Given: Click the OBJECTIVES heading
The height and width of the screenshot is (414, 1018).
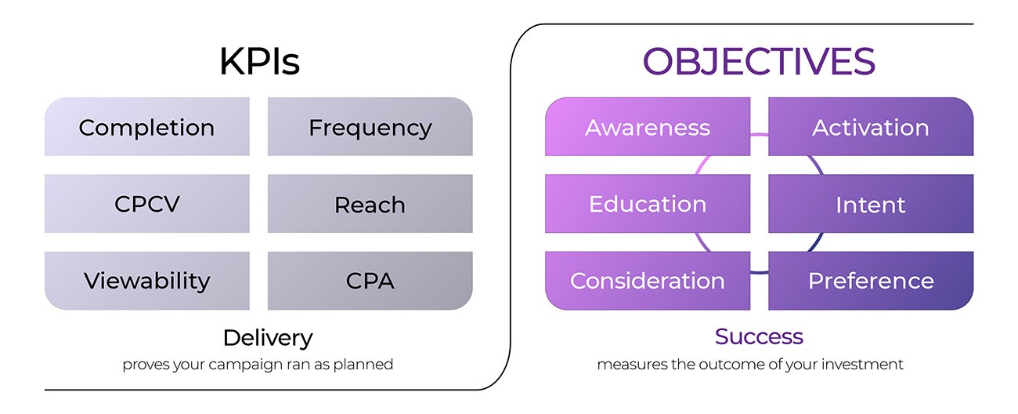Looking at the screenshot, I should [x=759, y=62].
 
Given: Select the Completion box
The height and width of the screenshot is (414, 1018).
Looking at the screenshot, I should [x=147, y=127].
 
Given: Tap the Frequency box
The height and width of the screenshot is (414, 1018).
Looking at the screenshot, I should [x=370, y=127].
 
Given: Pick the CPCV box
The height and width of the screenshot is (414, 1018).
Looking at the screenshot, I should [x=147, y=204].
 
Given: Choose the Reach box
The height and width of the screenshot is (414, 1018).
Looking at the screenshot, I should [x=370, y=204].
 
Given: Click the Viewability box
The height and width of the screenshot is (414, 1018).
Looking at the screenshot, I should [x=147, y=281].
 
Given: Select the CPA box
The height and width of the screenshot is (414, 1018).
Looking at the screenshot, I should [x=370, y=281].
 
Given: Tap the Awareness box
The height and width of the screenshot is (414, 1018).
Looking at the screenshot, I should [x=648, y=127].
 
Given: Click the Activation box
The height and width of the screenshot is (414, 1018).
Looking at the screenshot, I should [x=871, y=127].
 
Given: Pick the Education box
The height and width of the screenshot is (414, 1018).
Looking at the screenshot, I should [x=648, y=204].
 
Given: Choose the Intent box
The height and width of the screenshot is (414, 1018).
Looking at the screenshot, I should [x=871, y=204].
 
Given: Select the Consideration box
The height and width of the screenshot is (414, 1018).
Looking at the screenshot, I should [x=648, y=281].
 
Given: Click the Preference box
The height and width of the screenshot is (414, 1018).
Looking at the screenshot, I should [x=871, y=281].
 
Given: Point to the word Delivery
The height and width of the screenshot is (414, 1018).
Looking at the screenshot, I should [x=267, y=338].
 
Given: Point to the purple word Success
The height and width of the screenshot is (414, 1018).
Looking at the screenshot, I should [x=759, y=337].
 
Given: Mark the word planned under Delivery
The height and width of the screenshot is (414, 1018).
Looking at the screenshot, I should [x=368, y=365].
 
